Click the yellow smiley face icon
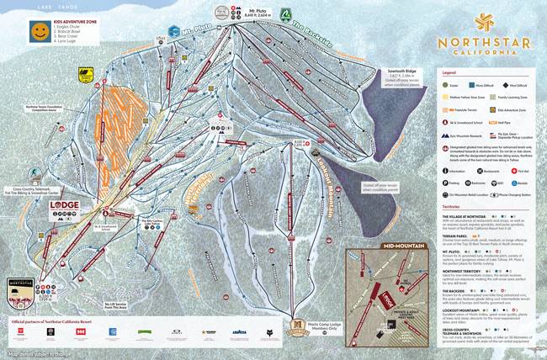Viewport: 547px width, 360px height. pyautogui.click(x=40, y=32)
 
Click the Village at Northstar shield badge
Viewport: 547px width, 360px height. pyautogui.click(x=24, y=289)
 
